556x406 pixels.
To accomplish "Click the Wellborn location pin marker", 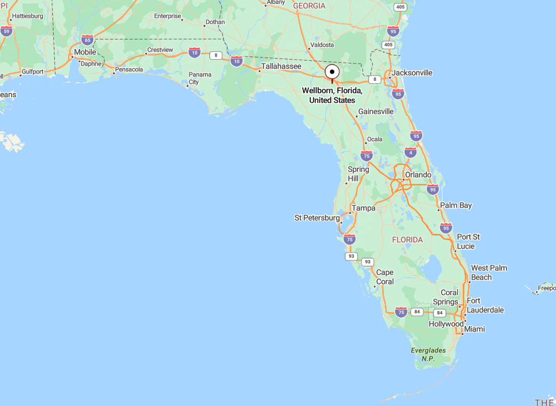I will tap(332, 72).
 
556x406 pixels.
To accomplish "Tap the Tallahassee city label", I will tap(281, 67).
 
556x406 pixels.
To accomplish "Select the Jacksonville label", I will tap(412, 72).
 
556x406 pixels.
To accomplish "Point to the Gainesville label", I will tap(376, 111).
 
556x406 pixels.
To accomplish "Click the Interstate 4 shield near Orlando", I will tap(410, 152).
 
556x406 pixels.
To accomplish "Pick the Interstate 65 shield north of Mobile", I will tap(87, 39).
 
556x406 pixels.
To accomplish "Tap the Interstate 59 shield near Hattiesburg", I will tap(6, 31).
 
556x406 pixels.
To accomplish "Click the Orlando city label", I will tap(418, 175).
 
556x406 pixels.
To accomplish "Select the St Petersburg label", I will tap(317, 218).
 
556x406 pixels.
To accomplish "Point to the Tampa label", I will tap(364, 208).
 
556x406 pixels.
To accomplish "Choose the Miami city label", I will tap(474, 329).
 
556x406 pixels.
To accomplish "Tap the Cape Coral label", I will tap(385, 277).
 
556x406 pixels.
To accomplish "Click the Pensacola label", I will tap(129, 69).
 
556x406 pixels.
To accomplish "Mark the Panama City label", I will tap(200, 78).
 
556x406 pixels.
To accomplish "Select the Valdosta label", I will tap(322, 45).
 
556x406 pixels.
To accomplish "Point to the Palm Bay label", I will tap(456, 205).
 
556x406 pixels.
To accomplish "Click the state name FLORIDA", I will tap(407, 240).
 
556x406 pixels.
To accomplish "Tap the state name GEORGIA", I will tap(309, 6).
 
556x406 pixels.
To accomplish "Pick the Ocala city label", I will tap(375, 139).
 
